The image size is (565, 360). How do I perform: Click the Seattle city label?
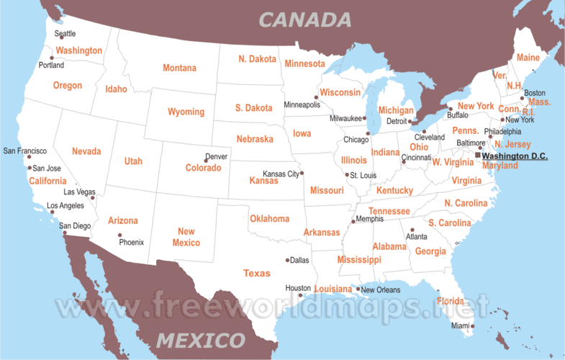[65, 34]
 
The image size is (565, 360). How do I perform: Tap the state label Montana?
[179, 68]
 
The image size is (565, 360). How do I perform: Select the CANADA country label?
[305, 19]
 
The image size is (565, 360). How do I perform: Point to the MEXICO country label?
[200, 339]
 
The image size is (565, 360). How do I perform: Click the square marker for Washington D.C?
[478, 155]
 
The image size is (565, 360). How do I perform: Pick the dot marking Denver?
[206, 161]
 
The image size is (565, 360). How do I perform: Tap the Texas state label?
[257, 274]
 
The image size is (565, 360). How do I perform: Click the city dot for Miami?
[473, 326]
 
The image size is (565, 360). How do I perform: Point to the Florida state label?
[451, 301]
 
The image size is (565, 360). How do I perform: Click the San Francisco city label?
[24, 151]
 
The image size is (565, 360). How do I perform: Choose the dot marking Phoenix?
[119, 235]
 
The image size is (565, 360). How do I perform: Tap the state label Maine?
[528, 58]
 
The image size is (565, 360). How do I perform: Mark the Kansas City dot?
[302, 173]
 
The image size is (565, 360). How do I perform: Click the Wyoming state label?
[186, 112]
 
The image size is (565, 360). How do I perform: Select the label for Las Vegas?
[79, 192]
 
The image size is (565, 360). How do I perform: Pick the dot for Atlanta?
[412, 230]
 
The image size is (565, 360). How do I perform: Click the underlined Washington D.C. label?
[515, 156]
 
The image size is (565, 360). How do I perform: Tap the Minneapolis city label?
[302, 104]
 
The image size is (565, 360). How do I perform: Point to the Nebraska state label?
[255, 139]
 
